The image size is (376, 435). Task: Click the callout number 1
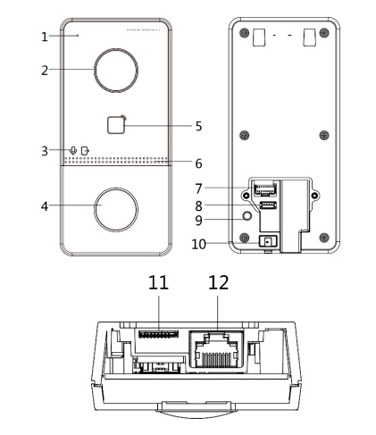[45, 37]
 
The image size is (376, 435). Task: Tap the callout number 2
[45, 71]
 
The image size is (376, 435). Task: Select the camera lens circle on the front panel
[116, 70]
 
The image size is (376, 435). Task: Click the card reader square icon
[116, 125]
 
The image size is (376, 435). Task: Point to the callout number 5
[198, 126]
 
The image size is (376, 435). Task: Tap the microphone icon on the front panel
[73, 150]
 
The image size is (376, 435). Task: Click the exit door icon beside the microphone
[85, 150]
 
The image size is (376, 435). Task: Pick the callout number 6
[198, 163]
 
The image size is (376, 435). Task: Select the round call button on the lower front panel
[116, 209]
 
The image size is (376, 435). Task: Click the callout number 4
[45, 206]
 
